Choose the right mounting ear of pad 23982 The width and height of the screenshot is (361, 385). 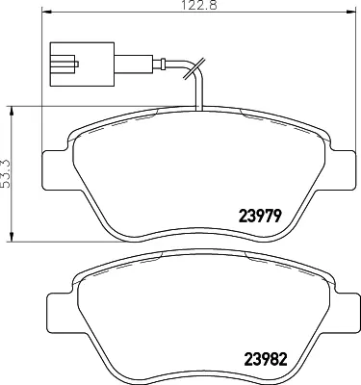(343, 313)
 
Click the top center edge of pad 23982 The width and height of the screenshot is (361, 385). (200, 254)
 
